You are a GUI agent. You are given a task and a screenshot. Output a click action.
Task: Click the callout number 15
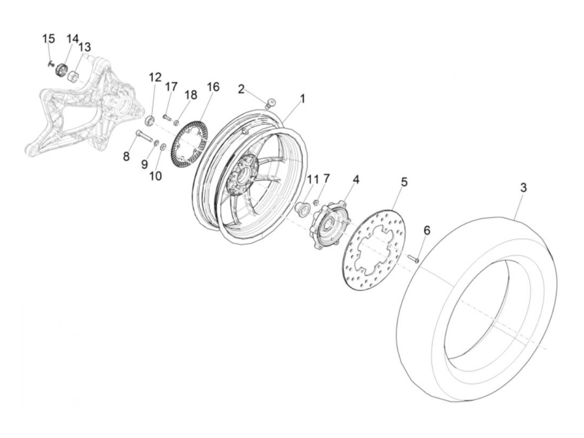point(48,39)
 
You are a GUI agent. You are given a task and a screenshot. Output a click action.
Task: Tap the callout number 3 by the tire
point(523,188)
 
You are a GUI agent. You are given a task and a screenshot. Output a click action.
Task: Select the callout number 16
point(213,87)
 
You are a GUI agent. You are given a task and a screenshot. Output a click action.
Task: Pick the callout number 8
point(126,157)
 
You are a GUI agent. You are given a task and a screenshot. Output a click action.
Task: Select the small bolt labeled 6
point(414,259)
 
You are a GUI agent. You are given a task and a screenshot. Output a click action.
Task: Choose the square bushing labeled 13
point(74,77)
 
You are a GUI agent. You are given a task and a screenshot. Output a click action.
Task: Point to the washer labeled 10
point(163,146)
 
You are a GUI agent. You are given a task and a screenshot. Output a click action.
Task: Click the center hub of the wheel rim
point(242,172)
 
